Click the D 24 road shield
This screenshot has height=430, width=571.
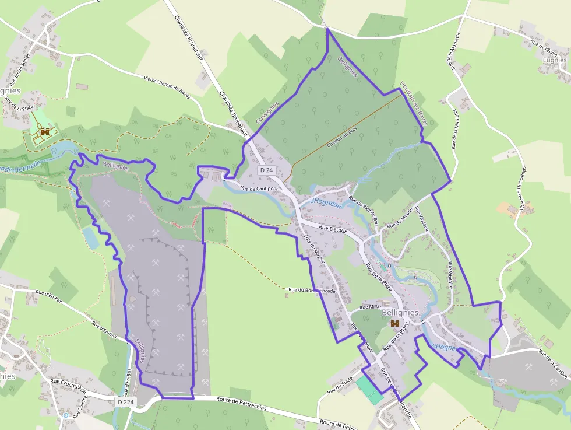point(267,170)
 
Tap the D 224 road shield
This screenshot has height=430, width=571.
point(125,402)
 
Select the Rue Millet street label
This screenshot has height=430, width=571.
point(370,307)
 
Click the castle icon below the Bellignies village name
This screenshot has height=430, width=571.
point(394,323)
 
